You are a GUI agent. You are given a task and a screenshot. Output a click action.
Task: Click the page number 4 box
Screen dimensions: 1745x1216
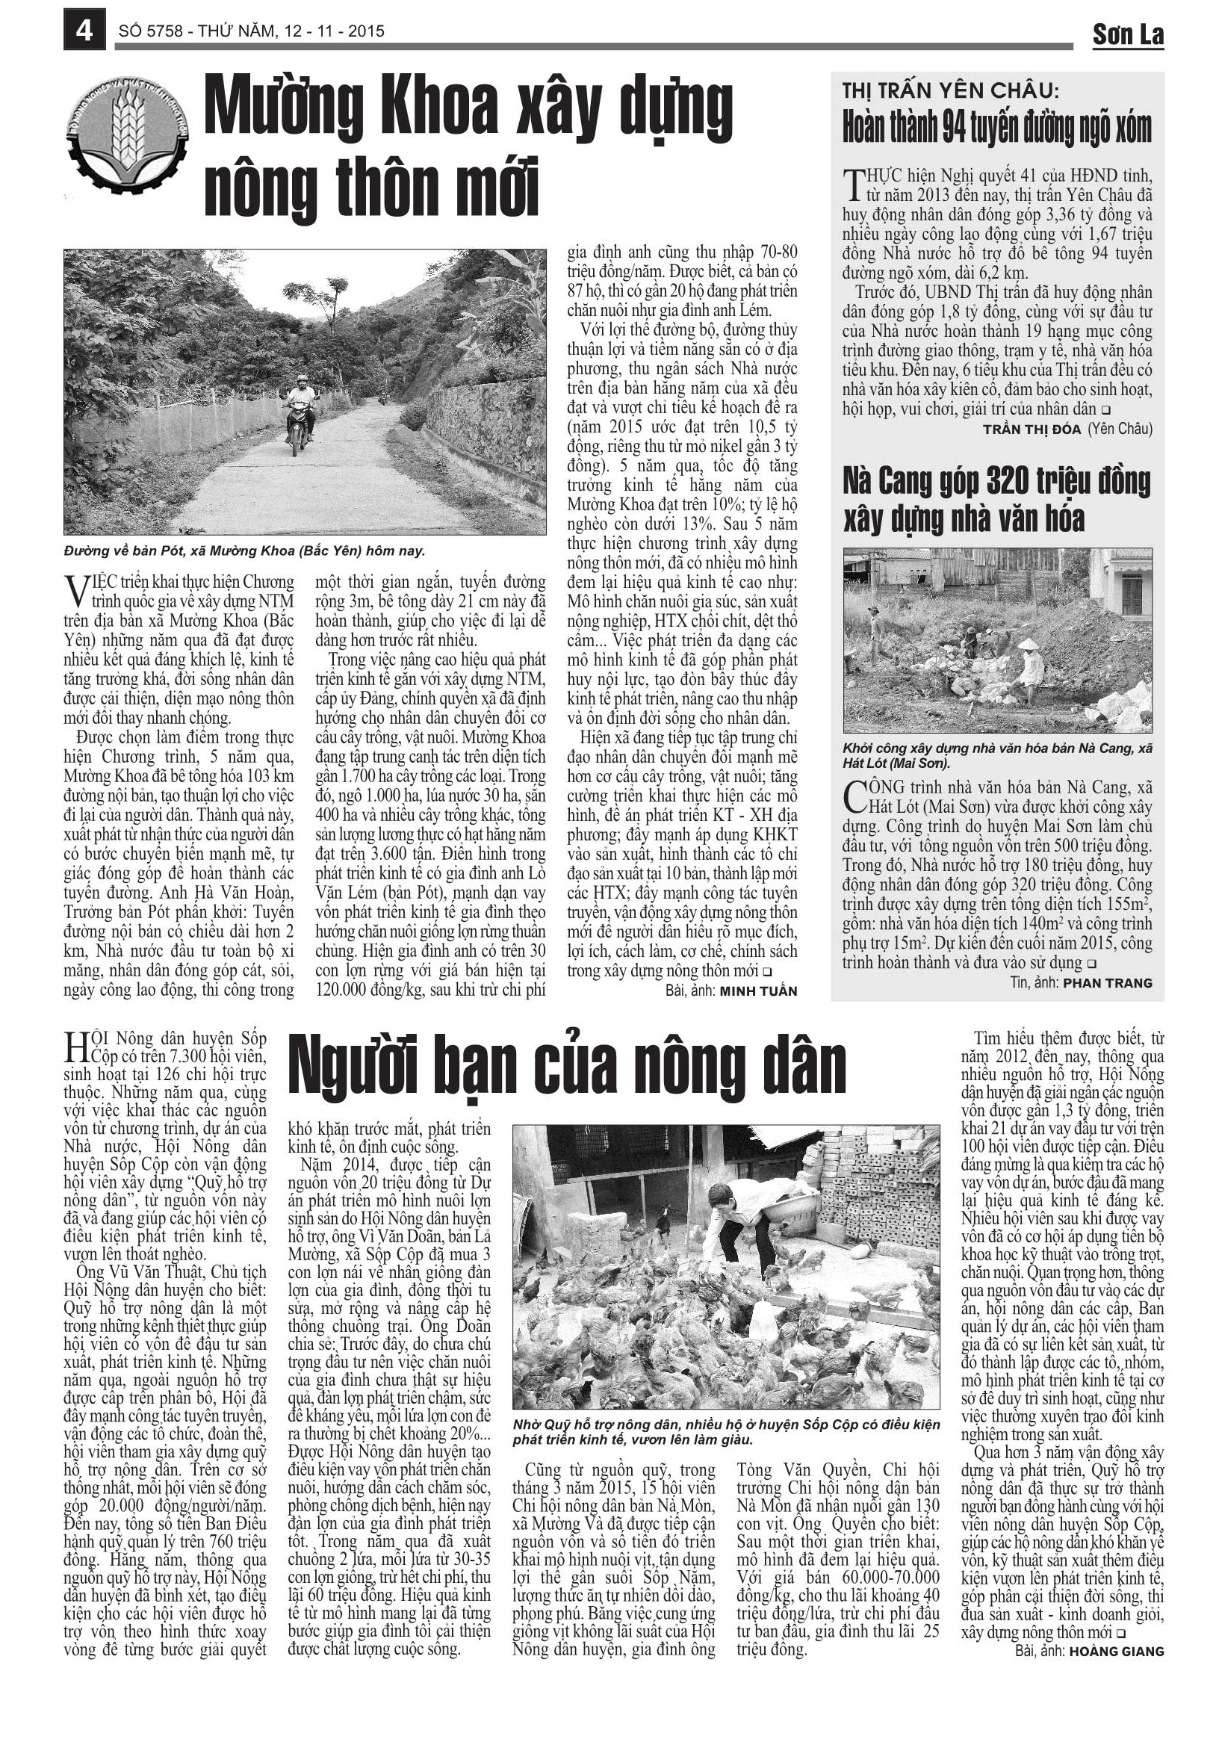[84, 31]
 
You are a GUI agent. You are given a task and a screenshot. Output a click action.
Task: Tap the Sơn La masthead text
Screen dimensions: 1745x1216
[1127, 34]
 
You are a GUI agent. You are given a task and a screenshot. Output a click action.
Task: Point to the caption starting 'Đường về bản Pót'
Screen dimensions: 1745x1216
[244, 551]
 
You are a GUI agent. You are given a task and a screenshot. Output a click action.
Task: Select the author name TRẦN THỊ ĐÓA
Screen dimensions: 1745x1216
[1032, 430]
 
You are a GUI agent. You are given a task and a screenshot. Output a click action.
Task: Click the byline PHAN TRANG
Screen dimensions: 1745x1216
[1107, 984]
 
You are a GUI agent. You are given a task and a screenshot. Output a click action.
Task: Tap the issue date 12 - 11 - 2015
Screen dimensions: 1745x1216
[334, 31]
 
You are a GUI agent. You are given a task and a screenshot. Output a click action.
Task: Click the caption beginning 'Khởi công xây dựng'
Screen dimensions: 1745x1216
[996, 755]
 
